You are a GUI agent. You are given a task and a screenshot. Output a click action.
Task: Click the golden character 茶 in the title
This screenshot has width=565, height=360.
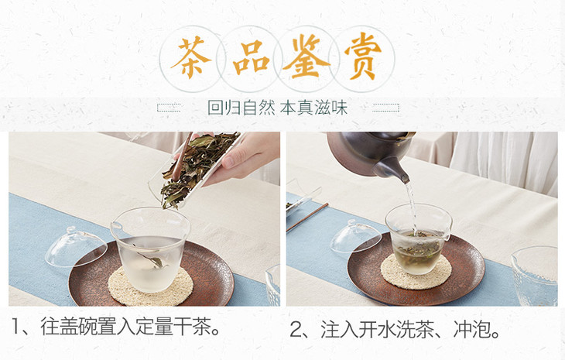191,57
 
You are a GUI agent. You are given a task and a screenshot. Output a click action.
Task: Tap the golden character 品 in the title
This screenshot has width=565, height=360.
251,57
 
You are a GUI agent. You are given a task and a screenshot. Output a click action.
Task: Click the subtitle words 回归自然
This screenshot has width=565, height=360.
241,108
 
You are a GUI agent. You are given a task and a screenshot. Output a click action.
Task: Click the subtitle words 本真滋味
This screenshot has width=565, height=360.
313,108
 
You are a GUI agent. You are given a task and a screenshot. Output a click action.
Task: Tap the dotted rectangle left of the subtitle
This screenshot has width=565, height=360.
169,108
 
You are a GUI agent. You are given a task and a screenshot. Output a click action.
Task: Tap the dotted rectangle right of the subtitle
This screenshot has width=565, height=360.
386,108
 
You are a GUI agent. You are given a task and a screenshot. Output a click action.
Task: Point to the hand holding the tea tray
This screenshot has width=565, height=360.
245,156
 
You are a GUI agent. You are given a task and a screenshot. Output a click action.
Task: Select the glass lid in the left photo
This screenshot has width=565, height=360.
76,248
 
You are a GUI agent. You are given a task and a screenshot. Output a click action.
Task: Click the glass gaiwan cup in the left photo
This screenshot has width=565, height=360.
150,249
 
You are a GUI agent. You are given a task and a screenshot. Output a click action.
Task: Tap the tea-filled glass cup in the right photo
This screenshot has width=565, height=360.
419,238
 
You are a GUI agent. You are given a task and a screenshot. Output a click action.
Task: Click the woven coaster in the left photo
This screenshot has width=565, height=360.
151,286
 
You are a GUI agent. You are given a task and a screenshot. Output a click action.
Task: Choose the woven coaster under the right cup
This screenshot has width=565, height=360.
416,271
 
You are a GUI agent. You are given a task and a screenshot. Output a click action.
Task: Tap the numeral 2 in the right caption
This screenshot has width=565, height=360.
296,330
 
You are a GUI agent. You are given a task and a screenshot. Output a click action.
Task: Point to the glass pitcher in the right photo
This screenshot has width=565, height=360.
534,276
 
